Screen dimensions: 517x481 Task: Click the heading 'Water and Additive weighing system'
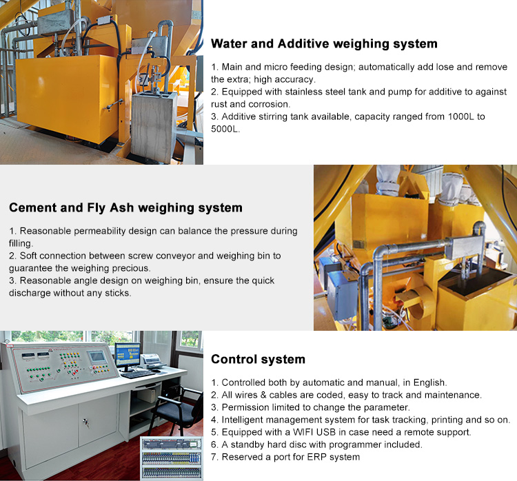click(324, 44)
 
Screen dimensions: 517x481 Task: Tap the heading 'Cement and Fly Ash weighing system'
click(125, 207)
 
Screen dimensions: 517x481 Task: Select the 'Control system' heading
click(258, 359)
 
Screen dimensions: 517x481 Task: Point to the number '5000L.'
click(225, 129)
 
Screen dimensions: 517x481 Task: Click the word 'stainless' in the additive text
click(304, 92)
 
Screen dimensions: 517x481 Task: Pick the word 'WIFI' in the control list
click(303, 432)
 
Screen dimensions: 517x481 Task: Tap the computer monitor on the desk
click(128, 356)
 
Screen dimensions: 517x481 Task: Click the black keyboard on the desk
click(138, 374)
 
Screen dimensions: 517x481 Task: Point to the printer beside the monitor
click(152, 361)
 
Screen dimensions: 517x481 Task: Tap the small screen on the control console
click(97, 357)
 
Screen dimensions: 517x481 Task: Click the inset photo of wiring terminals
click(172, 458)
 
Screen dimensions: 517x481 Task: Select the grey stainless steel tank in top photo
click(154, 127)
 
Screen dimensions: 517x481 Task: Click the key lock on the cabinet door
click(85, 422)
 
